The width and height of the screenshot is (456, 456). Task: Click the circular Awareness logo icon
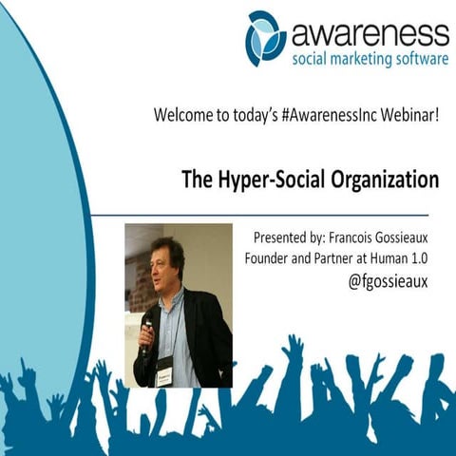point(266,38)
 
